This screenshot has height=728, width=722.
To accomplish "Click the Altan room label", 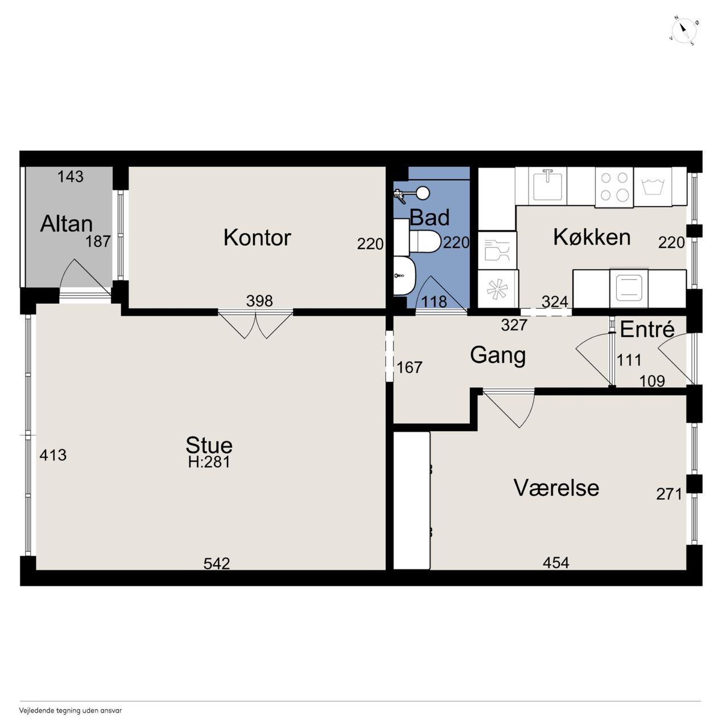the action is (66, 224).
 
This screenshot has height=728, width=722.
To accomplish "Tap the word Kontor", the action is (257, 237).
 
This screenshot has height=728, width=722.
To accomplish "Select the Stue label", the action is (209, 445).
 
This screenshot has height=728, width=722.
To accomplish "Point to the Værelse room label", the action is (556, 487).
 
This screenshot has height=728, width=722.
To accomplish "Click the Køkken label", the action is (592, 237).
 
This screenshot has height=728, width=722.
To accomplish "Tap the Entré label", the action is (647, 329).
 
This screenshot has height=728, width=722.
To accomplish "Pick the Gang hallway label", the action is (497, 355).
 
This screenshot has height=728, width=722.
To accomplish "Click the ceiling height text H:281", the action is (209, 462).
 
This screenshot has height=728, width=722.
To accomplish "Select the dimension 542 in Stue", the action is (217, 563).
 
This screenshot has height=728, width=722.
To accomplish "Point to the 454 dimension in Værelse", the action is (556, 562).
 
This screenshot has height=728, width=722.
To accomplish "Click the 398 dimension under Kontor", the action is (259, 301).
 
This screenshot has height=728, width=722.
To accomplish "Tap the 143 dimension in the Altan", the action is (71, 176).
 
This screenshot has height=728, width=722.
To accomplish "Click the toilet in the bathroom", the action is (425, 241).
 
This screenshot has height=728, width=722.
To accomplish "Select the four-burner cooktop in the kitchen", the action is (614, 187).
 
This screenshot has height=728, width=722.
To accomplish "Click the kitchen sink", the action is (547, 185).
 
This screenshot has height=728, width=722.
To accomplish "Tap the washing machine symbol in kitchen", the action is (653, 187).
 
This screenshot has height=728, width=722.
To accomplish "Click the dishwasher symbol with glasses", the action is (497, 250).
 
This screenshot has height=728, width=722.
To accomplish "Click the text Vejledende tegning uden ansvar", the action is (71, 710).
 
